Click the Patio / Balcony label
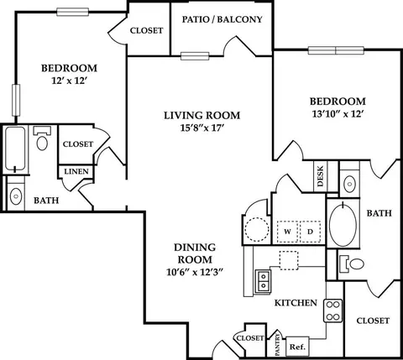tap(222, 19)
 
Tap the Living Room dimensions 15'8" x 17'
tap(202, 128)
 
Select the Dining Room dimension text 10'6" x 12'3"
tap(195, 272)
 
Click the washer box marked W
tap(287, 232)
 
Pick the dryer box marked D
tap(311, 232)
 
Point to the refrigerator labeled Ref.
tap(297, 347)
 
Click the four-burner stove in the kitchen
tap(333, 310)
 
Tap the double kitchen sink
tap(263, 282)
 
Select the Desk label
tap(321, 176)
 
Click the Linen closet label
tap(76, 171)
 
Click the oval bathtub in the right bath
tap(343, 225)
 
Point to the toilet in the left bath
tap(42, 138)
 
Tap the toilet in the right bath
tap(352, 263)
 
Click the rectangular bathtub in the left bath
tap(15, 149)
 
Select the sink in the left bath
tap(16, 196)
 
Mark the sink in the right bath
tap(349, 184)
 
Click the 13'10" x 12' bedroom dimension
tap(338, 114)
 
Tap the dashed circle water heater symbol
tap(257, 229)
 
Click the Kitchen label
tap(296, 303)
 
